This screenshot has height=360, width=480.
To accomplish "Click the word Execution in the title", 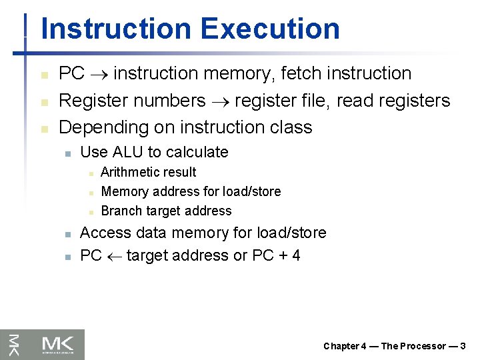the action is tap(269, 29).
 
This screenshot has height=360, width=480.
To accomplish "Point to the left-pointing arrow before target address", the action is tap(113, 256).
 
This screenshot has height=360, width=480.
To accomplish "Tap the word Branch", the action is tap(120, 211).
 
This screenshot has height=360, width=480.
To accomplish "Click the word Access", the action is tap(105, 233).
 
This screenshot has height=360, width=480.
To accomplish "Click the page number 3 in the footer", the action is tap(463, 346).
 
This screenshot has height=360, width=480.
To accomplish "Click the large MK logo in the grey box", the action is tap(59, 343).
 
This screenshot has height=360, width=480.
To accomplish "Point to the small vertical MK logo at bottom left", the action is tap(13, 344).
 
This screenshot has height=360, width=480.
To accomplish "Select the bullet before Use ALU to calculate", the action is tap(67, 153).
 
